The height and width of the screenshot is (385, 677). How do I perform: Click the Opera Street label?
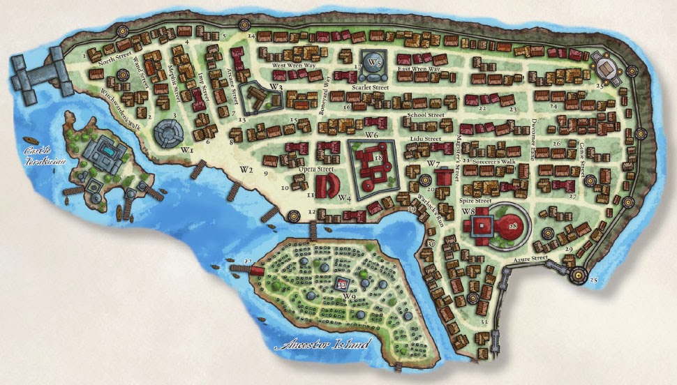pos(313,169)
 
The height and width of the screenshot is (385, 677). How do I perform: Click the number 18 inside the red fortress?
pos(378,158)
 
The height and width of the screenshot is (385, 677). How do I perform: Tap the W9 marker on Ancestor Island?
pos(348,296)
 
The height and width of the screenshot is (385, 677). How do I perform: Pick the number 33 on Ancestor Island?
pos(342,285)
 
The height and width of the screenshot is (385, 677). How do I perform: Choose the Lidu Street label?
pos(426,139)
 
